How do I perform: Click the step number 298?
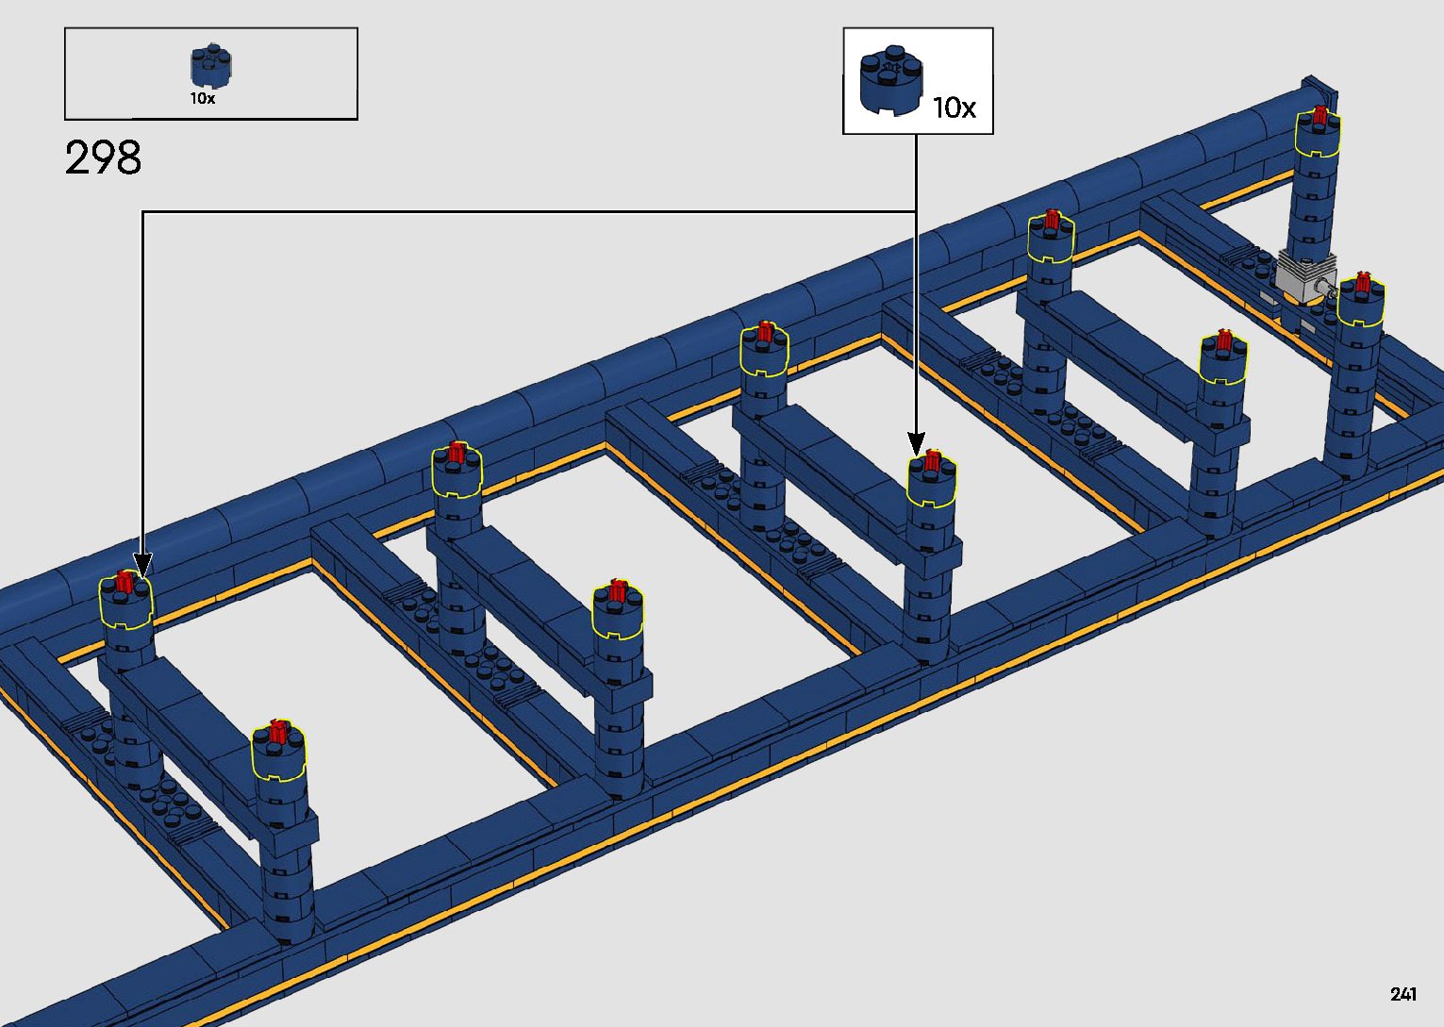point(104,158)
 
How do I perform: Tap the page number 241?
point(1403,994)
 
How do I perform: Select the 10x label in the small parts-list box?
point(203,98)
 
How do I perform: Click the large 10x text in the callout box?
point(954,108)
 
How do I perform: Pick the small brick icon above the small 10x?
point(211,66)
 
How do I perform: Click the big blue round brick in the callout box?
point(890,82)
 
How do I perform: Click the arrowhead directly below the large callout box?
point(916,442)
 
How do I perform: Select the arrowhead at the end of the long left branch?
point(142,566)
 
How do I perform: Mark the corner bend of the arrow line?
point(142,212)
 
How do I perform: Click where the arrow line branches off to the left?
point(916,211)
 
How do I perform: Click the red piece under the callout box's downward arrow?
point(932,461)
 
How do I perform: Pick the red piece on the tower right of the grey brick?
point(1362,282)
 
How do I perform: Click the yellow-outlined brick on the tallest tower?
point(1318,136)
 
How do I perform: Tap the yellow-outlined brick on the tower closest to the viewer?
point(278,754)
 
